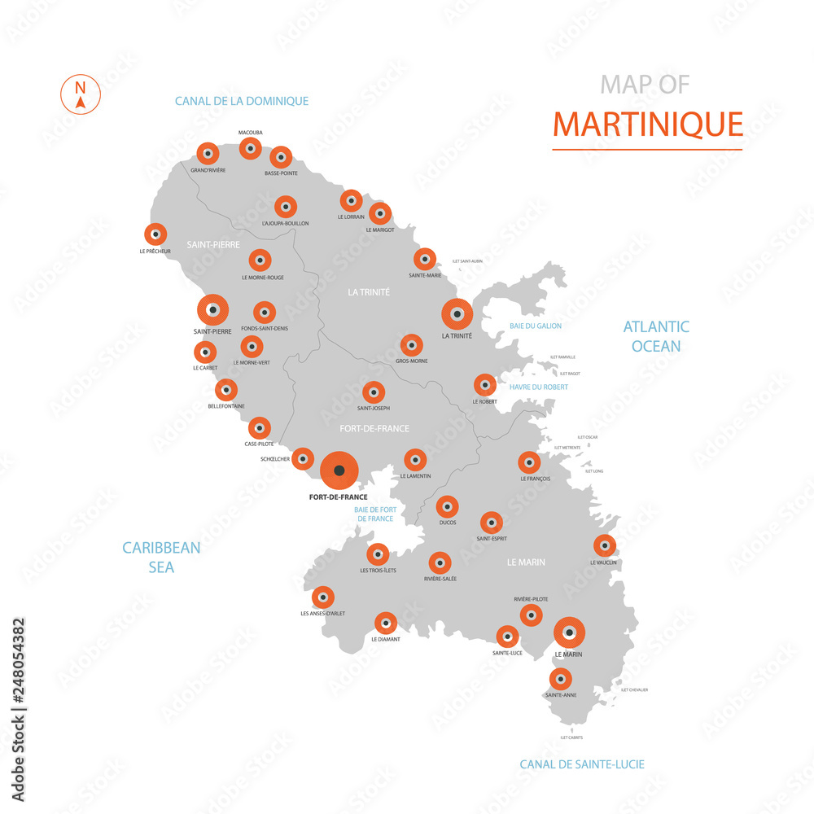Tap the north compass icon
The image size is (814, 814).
click(80, 94)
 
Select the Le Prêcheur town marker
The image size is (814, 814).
click(155, 234)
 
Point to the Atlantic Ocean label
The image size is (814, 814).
click(656, 336)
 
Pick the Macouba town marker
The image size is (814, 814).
click(250, 148)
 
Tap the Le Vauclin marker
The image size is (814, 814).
click(604, 545)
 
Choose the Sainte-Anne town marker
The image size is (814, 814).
click(560, 679)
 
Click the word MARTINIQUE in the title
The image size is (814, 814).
click(647, 124)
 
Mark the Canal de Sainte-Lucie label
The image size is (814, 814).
click(582, 764)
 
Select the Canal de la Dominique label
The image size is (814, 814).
click(242, 101)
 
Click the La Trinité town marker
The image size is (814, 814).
click(457, 314)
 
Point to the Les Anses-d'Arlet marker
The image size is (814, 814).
click(323, 597)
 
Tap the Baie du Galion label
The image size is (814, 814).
click(536, 326)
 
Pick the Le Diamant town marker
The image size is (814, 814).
click(385, 624)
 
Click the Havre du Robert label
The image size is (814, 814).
click(538, 387)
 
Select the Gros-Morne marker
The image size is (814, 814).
click(412, 345)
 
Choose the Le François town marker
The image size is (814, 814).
click(529, 463)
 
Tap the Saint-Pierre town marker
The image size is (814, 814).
click(212, 310)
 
